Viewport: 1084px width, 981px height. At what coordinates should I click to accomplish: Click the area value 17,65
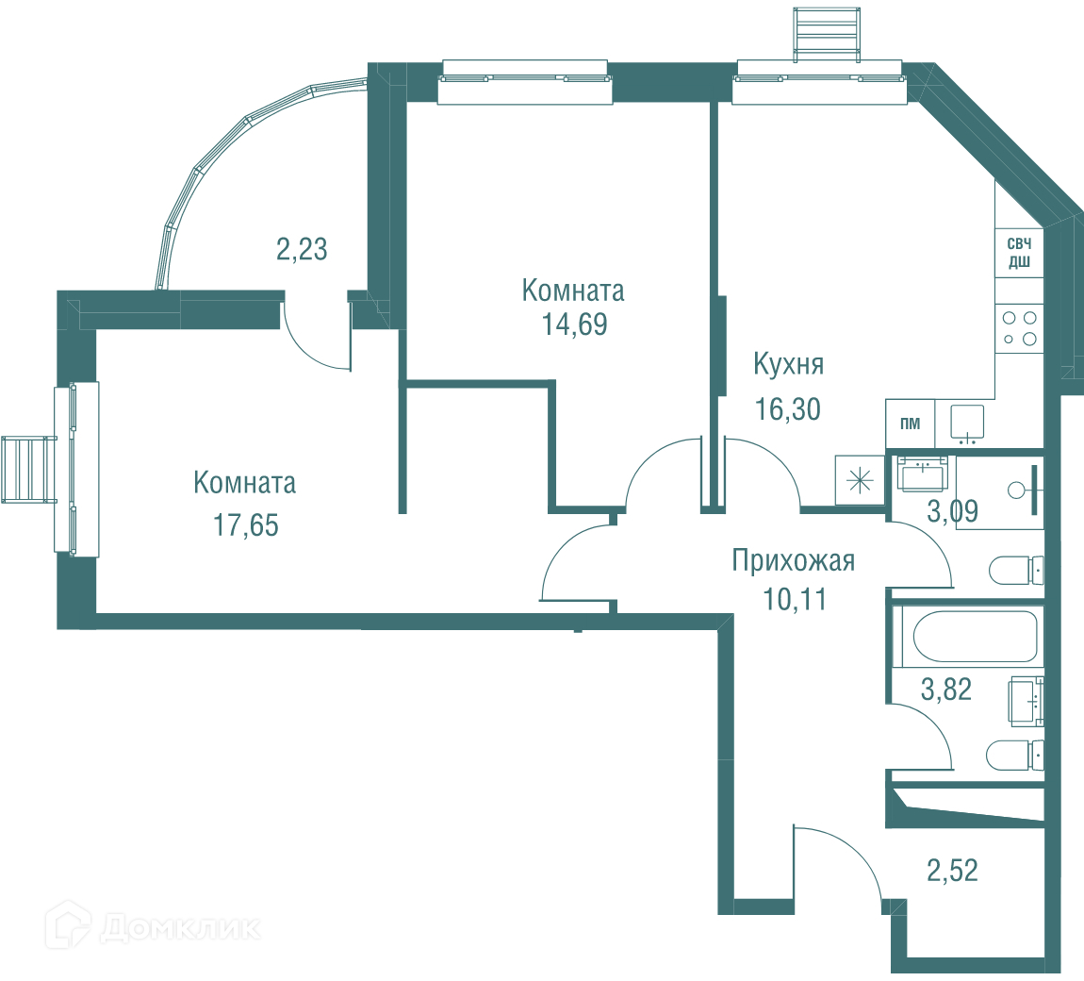coord(245,525)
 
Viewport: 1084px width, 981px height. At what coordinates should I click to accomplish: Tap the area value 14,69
coord(574,324)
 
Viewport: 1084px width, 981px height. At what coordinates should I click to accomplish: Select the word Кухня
coord(789,364)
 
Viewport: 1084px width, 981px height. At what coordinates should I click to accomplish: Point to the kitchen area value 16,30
coord(787,409)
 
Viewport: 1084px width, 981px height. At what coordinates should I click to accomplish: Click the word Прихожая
coord(794,561)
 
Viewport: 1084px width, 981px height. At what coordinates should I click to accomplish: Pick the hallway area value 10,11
coord(795,600)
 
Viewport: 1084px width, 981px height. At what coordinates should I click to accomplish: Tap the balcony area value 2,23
coord(302,249)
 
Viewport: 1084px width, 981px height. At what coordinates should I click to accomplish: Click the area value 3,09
coord(953,512)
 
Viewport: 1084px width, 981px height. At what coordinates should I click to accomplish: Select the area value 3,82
coord(946,690)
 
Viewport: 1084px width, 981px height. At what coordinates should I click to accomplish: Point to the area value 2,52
coord(953,871)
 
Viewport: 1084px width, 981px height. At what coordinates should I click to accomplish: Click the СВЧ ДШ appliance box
coord(1019,253)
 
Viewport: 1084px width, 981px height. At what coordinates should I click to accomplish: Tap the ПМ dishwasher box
coord(911,424)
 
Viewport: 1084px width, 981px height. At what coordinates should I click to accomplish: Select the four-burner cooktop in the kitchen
coord(1020,328)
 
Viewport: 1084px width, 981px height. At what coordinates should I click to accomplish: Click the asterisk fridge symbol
coord(860,480)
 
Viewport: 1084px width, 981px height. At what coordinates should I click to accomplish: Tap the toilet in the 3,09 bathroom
coord(1016,571)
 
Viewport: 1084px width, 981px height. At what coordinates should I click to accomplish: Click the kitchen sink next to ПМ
coord(967,424)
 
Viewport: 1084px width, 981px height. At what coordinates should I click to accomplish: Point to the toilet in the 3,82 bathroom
coord(1015,756)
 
